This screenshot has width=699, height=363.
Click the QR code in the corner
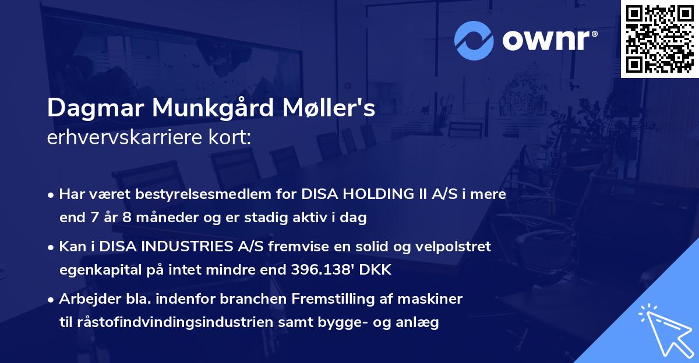point(659,38)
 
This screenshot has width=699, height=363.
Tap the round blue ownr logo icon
point(474,40)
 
